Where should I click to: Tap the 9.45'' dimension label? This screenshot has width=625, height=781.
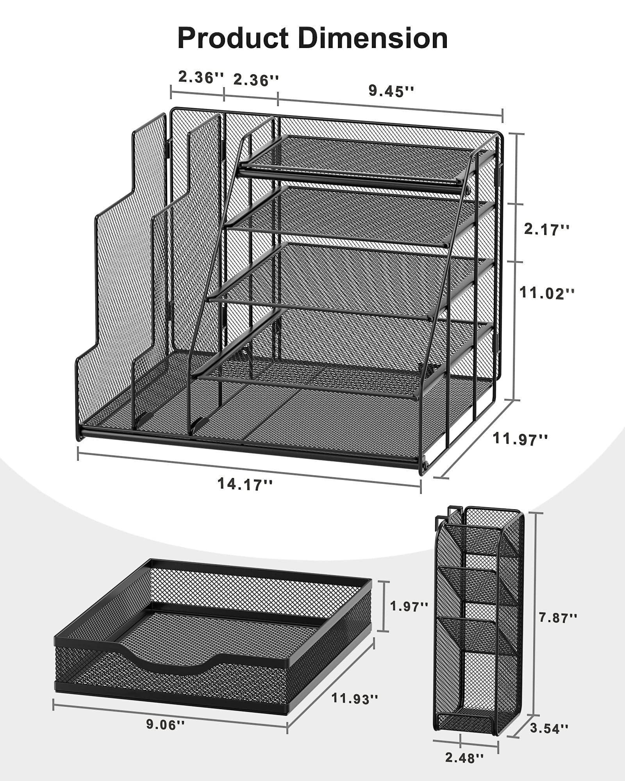point(391,91)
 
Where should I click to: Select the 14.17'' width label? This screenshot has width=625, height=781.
point(245,484)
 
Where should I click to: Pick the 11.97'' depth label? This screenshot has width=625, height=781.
point(520,439)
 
